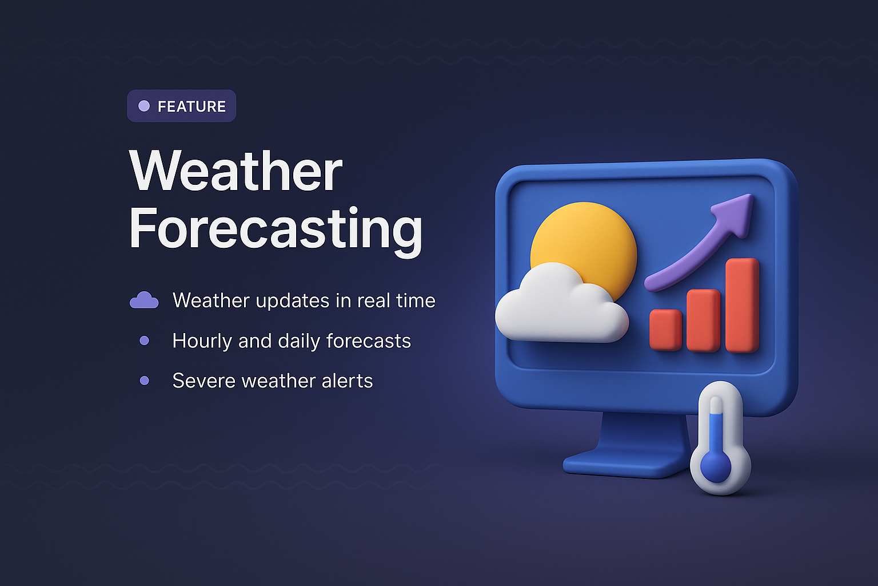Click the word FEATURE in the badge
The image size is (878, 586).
coord(191,106)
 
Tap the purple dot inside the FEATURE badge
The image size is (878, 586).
coord(144,106)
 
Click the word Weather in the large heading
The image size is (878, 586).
coord(236,172)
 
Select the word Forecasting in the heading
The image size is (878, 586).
coord(276,229)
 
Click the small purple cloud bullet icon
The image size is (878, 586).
coord(144,300)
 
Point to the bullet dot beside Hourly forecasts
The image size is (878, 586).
coord(144,340)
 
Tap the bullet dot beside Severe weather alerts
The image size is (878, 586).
coord(144,381)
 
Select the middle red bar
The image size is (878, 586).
coord(703,320)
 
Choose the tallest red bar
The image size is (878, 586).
coord(742,304)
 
